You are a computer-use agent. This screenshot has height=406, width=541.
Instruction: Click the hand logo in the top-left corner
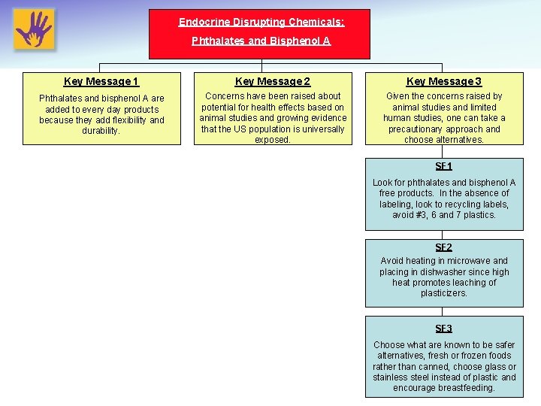click(34, 29)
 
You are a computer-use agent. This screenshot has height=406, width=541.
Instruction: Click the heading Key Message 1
click(101, 81)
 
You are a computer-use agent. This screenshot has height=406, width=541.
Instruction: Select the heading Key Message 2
click(273, 81)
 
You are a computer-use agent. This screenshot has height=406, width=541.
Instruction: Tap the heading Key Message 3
click(444, 81)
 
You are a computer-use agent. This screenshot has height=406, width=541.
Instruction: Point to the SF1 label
click(444, 166)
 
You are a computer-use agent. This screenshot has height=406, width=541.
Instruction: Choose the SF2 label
click(444, 247)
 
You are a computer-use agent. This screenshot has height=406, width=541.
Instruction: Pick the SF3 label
click(444, 329)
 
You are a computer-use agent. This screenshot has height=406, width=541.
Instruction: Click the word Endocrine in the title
click(202, 23)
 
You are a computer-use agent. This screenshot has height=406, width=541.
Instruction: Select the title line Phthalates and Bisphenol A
click(261, 41)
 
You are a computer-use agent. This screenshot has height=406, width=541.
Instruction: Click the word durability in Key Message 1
click(101, 131)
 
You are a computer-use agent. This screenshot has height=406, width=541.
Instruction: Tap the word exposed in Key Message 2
click(272, 140)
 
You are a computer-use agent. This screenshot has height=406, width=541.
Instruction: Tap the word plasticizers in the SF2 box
click(444, 293)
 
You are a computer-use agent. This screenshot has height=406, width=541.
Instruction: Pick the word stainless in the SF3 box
click(391, 377)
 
